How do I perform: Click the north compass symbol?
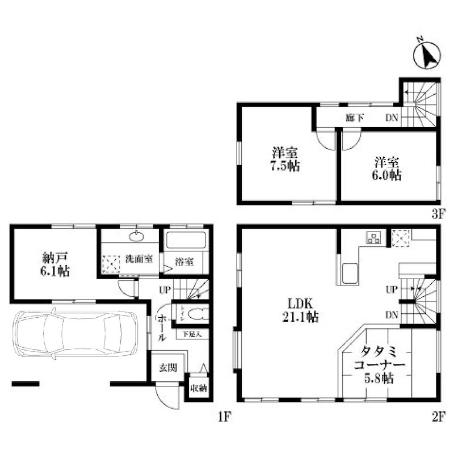pos(426,55)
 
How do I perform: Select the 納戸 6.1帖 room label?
pos(56,264)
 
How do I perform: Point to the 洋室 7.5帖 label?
pos(285,159)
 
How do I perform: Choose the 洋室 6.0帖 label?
pos(388,168)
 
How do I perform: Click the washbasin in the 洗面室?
pos(136,237)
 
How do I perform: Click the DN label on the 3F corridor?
pos(392,119)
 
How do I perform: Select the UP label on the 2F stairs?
pos(392,289)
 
